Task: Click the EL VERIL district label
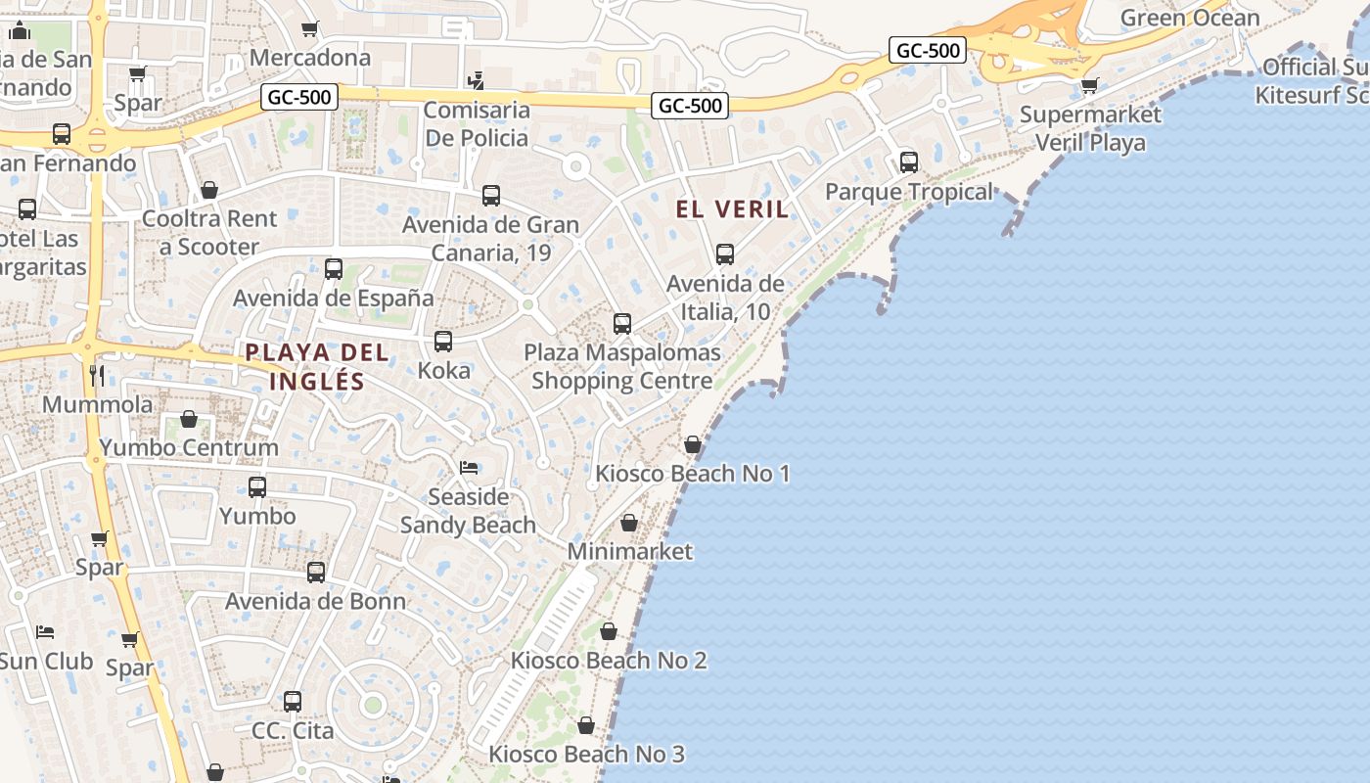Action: point(732,208)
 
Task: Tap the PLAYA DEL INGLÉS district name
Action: point(317,367)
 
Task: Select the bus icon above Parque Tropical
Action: point(909,161)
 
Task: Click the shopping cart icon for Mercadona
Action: point(310,28)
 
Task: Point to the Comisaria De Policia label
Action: point(477,123)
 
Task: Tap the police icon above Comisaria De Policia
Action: point(477,80)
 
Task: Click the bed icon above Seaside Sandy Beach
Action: point(469,468)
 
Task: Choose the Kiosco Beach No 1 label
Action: point(693,474)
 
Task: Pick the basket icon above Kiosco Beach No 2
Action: point(609,631)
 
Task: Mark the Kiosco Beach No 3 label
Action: point(587,754)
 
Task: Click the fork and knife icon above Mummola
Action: point(97,375)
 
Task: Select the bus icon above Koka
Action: point(443,341)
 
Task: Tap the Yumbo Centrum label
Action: point(189,448)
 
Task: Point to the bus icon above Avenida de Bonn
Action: point(316,572)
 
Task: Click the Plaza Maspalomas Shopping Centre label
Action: point(622,366)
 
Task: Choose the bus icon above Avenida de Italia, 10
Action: point(725,254)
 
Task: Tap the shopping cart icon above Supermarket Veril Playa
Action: point(1090,85)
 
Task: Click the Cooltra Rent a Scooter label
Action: point(209,233)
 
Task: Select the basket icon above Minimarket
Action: point(629,523)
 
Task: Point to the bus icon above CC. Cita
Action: point(293,701)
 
